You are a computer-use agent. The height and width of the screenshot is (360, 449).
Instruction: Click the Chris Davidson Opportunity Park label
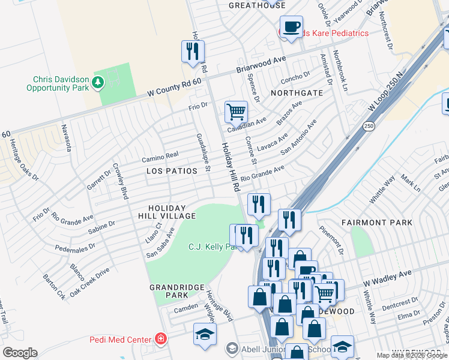click(x=58, y=83)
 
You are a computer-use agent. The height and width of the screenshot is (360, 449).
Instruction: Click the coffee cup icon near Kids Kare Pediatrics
click(x=291, y=27)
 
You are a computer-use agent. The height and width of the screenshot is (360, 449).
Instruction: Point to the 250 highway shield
click(x=369, y=126)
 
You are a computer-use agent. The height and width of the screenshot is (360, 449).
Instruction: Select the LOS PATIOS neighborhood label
click(x=172, y=172)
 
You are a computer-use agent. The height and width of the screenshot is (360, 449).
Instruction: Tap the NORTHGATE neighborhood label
click(x=297, y=94)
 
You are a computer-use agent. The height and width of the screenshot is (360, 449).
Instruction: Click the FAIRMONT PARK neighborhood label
click(x=377, y=223)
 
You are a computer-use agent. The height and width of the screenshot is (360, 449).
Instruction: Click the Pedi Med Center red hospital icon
click(x=161, y=340)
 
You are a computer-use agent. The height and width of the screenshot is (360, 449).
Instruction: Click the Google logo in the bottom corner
click(x=20, y=352)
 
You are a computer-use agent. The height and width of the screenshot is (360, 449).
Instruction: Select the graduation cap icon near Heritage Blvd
click(x=205, y=335)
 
